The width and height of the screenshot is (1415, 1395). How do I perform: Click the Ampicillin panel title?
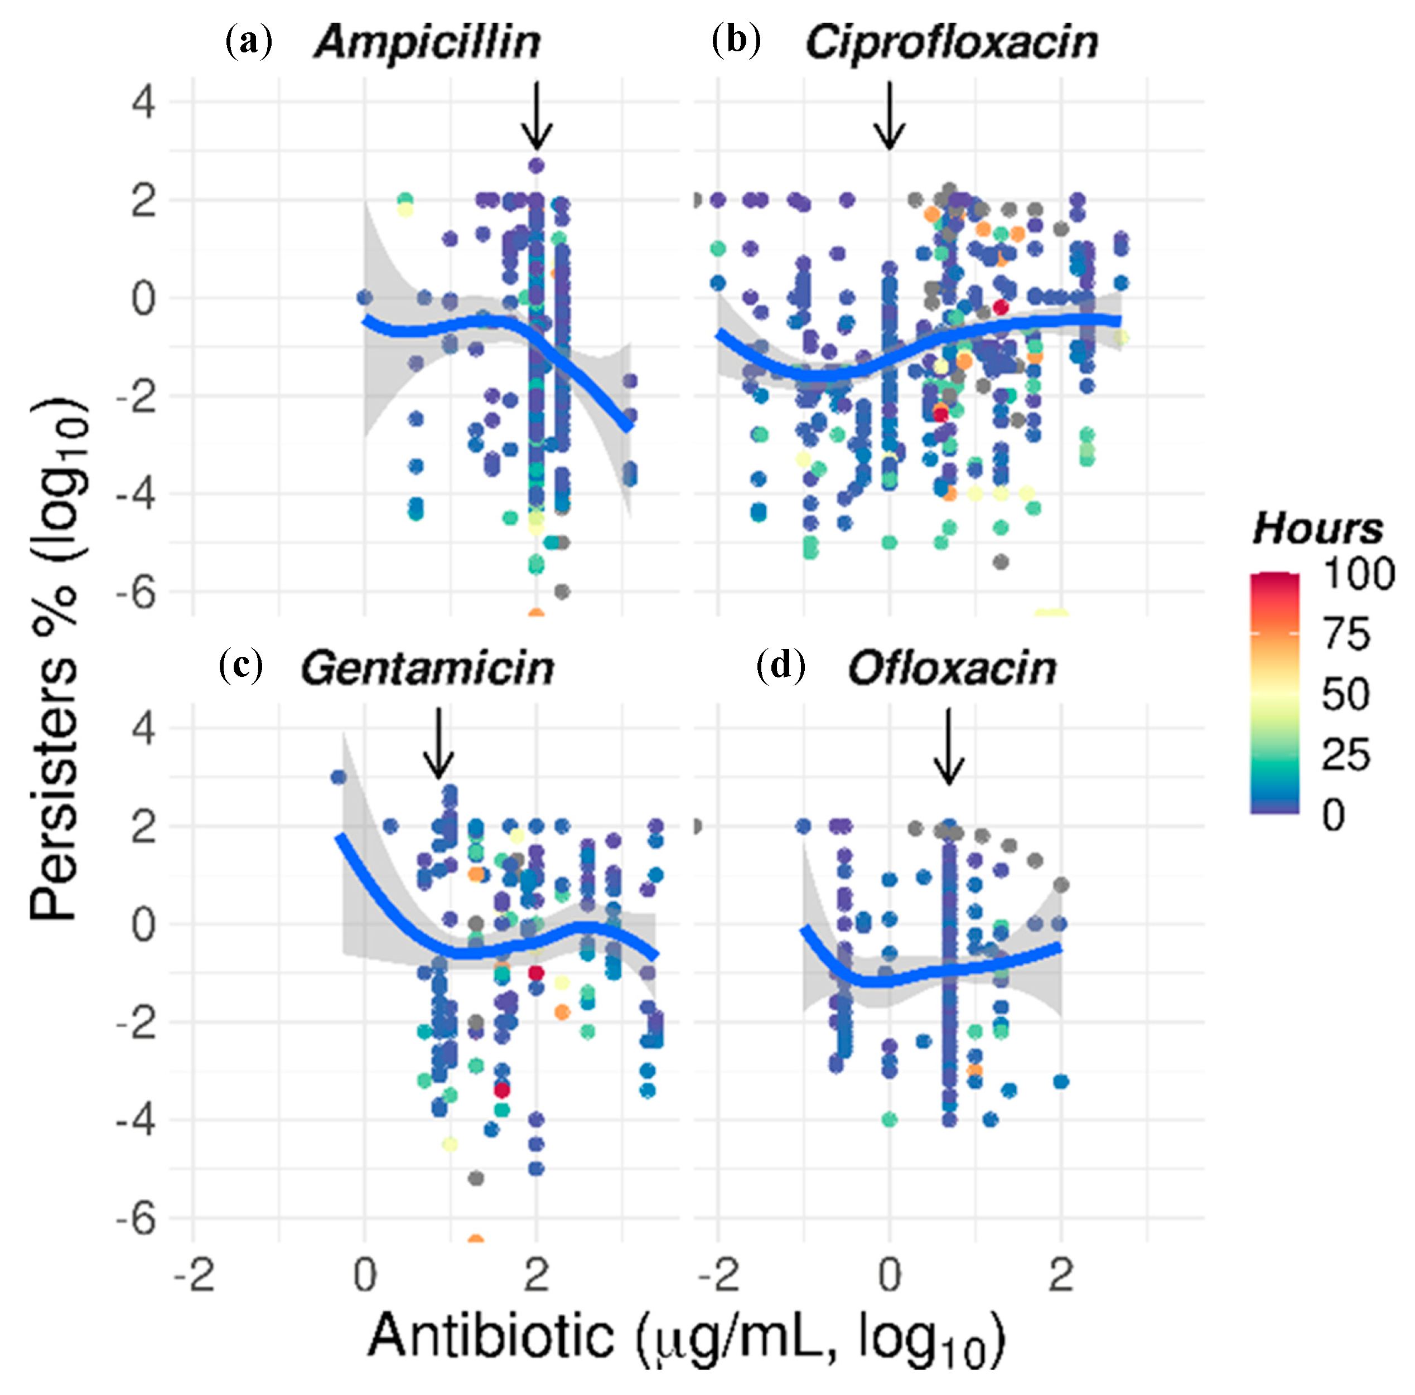tap(428, 42)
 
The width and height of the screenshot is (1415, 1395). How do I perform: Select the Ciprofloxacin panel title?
tap(952, 42)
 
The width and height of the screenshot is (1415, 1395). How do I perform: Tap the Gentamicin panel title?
tap(427, 669)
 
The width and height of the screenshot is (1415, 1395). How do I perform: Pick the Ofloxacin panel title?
tap(952, 669)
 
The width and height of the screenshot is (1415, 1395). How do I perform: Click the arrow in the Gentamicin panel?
tap(438, 743)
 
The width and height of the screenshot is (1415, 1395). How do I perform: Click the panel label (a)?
tap(249, 41)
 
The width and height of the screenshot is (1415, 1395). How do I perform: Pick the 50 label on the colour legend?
tap(1345, 694)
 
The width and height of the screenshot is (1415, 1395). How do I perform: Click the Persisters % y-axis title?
tap(59, 659)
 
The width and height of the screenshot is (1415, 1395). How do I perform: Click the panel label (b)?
tap(736, 41)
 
